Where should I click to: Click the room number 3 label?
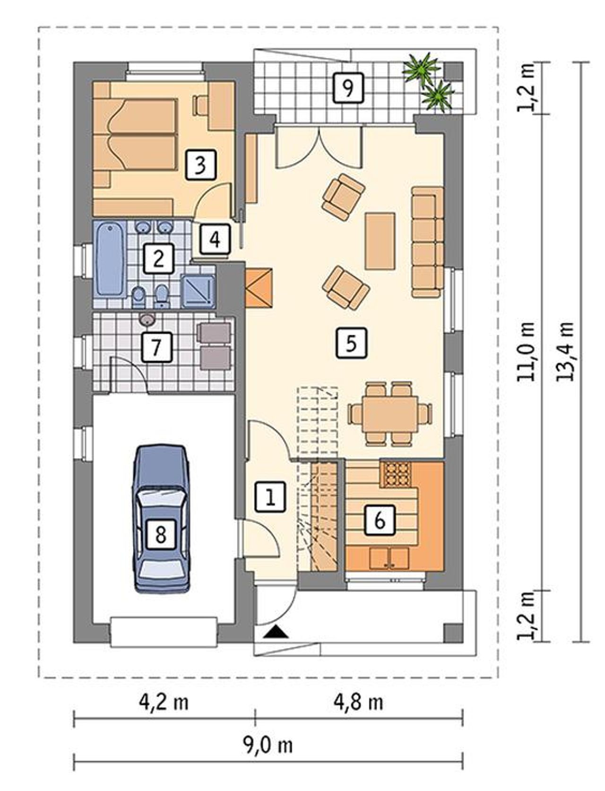201,165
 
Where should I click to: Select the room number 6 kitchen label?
380,520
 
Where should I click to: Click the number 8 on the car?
161,534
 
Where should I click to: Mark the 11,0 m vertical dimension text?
526,352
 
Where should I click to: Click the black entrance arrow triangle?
276,633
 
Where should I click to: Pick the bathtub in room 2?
110,259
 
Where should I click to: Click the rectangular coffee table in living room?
380,241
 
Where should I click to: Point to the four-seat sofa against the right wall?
427,242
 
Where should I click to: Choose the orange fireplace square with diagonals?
259,288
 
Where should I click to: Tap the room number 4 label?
215,239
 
